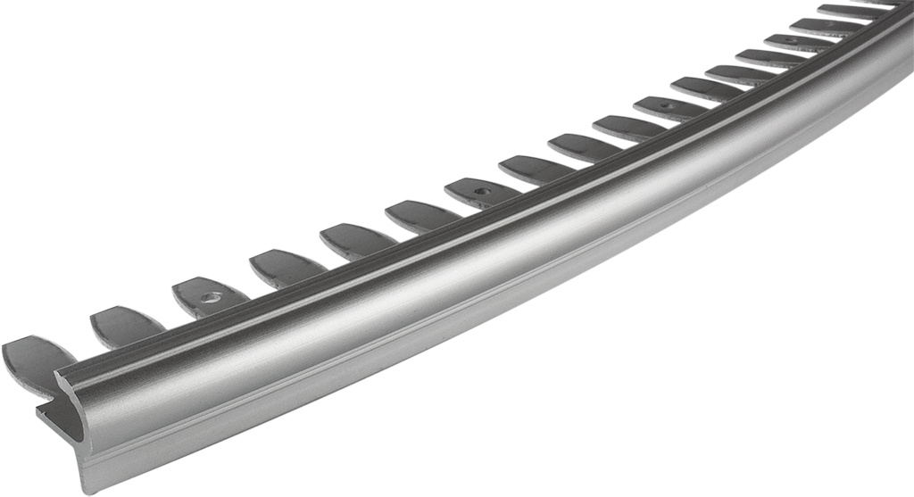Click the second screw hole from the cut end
coord(482,190)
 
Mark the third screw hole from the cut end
coord(664,106)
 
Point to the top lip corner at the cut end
coord(61,375)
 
